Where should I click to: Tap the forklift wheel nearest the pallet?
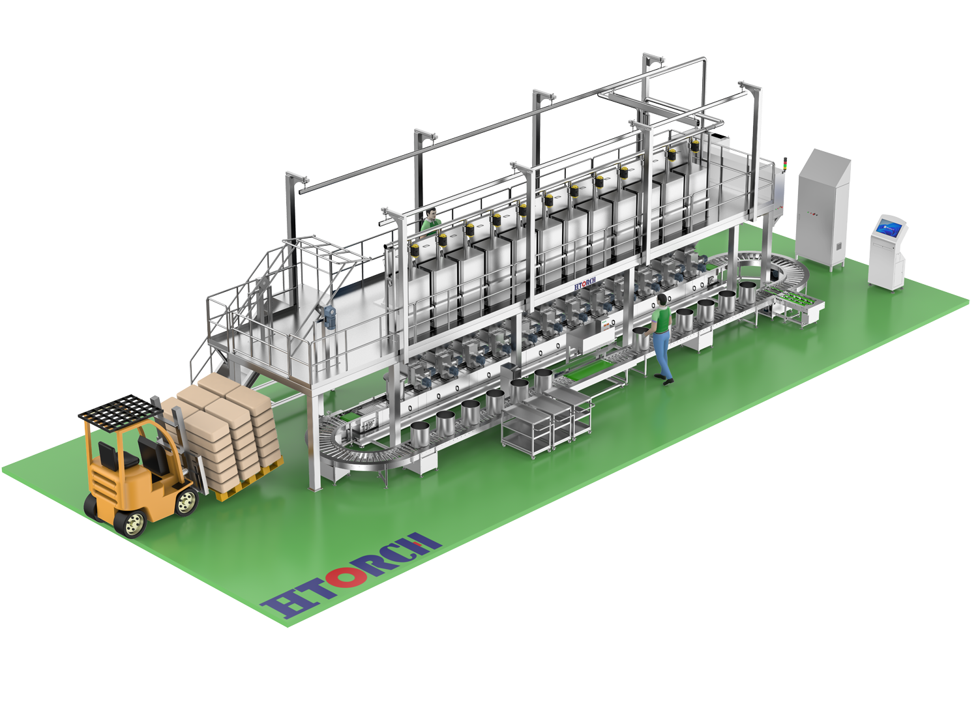click(186, 501)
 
